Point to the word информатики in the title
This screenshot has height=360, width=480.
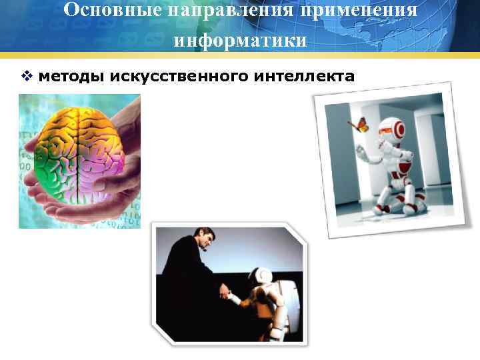[x=240, y=41]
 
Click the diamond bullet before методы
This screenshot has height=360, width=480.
[x=26, y=77]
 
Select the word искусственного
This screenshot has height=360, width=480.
[x=177, y=77]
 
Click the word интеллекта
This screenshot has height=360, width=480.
[x=303, y=77]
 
